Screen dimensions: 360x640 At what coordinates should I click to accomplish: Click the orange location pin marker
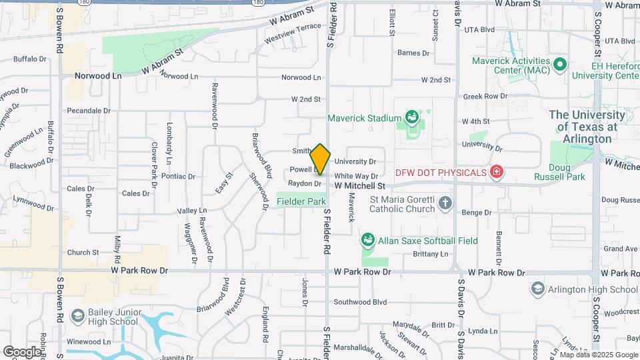[320, 159]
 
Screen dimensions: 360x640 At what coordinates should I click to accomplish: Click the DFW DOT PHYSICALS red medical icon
[495, 173]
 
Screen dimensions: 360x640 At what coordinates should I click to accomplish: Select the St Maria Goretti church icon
[445, 203]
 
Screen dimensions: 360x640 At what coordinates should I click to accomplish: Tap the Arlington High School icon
[538, 289]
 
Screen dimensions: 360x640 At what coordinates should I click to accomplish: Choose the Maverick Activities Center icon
[560, 65]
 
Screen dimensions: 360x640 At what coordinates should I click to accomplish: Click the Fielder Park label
[301, 201]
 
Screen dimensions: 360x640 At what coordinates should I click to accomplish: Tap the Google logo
[22, 351]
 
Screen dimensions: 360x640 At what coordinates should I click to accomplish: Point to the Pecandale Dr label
[89, 111]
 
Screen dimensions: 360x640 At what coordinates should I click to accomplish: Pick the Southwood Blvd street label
[360, 302]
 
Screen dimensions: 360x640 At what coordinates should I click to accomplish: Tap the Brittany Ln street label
[431, 254]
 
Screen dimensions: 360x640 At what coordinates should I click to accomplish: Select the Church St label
[83, 253]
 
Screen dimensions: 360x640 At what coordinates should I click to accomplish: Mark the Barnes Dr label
[413, 53]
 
